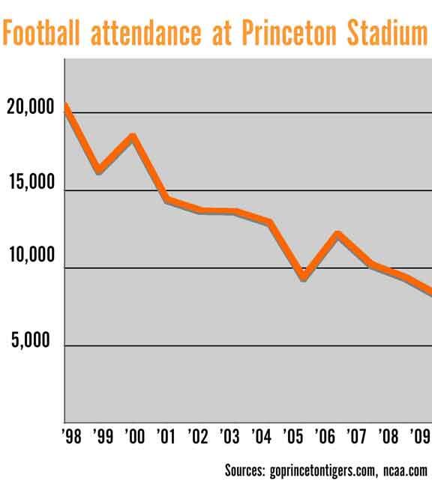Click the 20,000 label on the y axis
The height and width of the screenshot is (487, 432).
click(x=29, y=109)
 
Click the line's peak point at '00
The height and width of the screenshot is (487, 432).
click(x=133, y=136)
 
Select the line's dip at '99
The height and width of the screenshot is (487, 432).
click(x=99, y=171)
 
